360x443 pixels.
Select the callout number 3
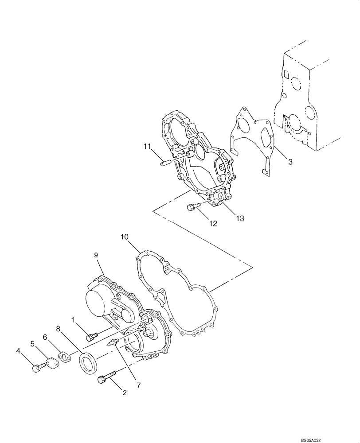tap(290, 162)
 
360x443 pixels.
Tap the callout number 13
tap(240, 218)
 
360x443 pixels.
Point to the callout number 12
tap(213, 223)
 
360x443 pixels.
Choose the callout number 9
tap(95, 255)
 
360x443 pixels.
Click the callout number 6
tap(45, 337)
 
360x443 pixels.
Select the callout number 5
tap(32, 343)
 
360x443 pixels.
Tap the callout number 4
tap(18, 351)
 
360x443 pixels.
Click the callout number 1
tap(74, 319)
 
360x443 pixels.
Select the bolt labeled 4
tap(39, 367)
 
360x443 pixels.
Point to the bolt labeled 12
tap(195, 206)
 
